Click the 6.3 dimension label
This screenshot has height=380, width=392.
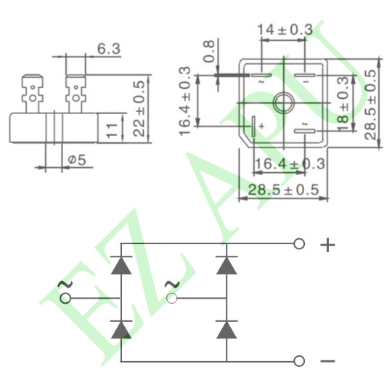(109, 48)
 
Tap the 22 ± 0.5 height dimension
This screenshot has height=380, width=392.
(139, 108)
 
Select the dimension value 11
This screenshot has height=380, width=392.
(112, 130)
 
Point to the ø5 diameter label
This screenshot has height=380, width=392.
(77, 160)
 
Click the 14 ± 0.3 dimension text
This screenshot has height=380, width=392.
(285, 30)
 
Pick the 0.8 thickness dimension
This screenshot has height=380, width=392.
(209, 51)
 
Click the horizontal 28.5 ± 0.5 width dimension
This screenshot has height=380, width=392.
(284, 190)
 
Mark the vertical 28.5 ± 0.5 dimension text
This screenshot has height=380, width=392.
(370, 105)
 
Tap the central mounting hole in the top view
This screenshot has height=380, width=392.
(284, 102)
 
